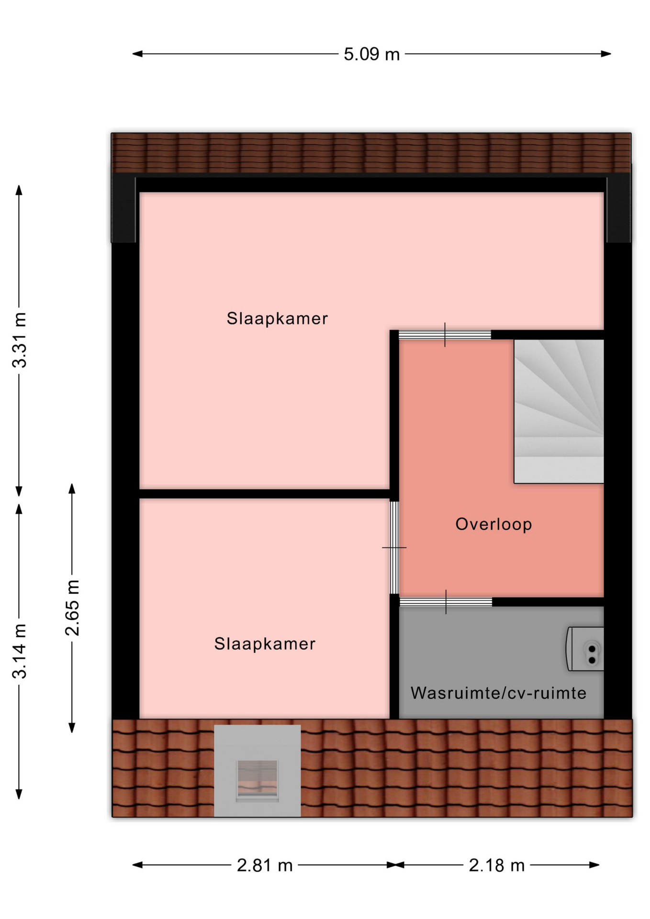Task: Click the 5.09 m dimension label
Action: (x=371, y=54)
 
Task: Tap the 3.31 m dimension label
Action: (x=20, y=340)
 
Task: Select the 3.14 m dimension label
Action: (x=20, y=651)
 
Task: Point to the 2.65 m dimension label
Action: (x=72, y=607)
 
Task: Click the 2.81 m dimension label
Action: (x=265, y=865)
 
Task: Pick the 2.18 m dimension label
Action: (x=497, y=865)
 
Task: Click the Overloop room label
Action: (x=493, y=524)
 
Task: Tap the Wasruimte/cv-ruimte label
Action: (x=498, y=693)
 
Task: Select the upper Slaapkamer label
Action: (x=277, y=318)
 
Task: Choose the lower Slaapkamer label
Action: (x=265, y=644)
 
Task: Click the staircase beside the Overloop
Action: (x=559, y=411)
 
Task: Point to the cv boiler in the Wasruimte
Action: (x=585, y=649)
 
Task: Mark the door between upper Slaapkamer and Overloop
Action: (x=445, y=335)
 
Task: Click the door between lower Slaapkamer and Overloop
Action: (x=394, y=548)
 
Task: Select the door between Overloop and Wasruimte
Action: (x=446, y=602)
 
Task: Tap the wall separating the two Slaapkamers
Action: (x=264, y=494)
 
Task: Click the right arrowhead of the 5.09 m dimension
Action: (x=606, y=54)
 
